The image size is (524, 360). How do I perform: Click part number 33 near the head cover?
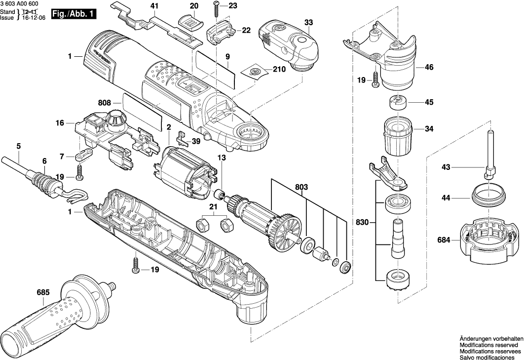click(308, 23)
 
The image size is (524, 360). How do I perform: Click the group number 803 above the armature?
click(301, 188)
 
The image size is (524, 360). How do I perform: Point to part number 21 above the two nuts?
click(213, 206)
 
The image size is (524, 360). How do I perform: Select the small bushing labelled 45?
click(398, 103)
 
